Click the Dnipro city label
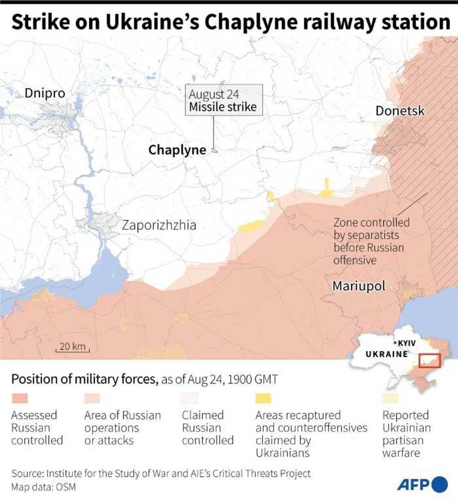tap(45, 93)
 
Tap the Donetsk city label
tap(400, 111)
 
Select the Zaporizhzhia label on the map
tap(159, 225)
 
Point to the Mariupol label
tap(359, 286)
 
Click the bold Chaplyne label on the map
tap(177, 150)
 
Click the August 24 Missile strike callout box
tap(224, 100)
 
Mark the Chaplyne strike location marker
tap(214, 150)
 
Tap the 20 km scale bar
tap(72, 347)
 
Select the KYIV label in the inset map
tap(406, 343)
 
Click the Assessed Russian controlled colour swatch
tap(20, 398)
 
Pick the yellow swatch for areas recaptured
tap(263, 398)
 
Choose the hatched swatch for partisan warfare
tap(390, 398)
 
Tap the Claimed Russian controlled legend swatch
tap(190, 398)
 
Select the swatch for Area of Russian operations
tap(92, 398)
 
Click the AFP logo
tap(422, 484)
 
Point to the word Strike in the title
tap(40, 22)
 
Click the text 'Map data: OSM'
tap(43, 487)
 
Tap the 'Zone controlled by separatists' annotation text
tap(371, 241)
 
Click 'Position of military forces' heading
tap(84, 379)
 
